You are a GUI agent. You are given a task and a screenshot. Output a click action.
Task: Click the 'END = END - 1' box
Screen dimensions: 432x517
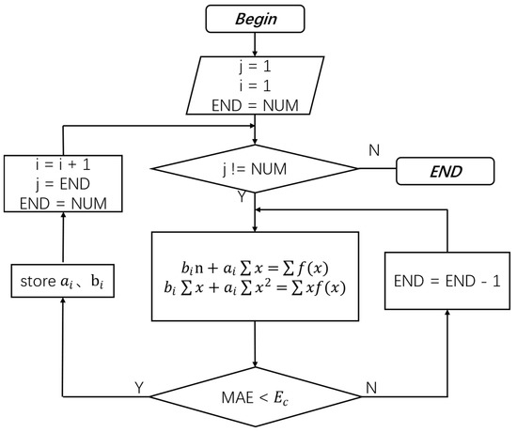click(x=446, y=280)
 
